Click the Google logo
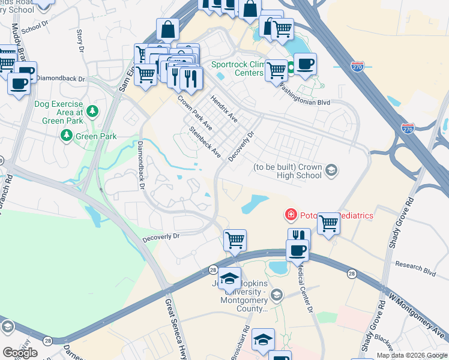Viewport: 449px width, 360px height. click(20, 353)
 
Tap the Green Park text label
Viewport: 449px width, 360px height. click(95, 136)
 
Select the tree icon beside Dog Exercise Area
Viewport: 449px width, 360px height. click(92, 110)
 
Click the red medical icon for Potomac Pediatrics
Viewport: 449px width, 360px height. click(291, 214)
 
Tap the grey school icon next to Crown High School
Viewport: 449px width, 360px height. click(330, 172)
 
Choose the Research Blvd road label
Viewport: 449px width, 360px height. click(415, 268)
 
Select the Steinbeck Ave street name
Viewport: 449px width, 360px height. click(205, 142)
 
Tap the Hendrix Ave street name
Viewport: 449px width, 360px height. click(223, 109)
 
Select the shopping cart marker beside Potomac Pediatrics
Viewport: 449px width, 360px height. click(328, 223)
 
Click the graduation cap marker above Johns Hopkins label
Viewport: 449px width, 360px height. click(229, 278)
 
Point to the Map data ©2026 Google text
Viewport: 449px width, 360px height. click(412, 355)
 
